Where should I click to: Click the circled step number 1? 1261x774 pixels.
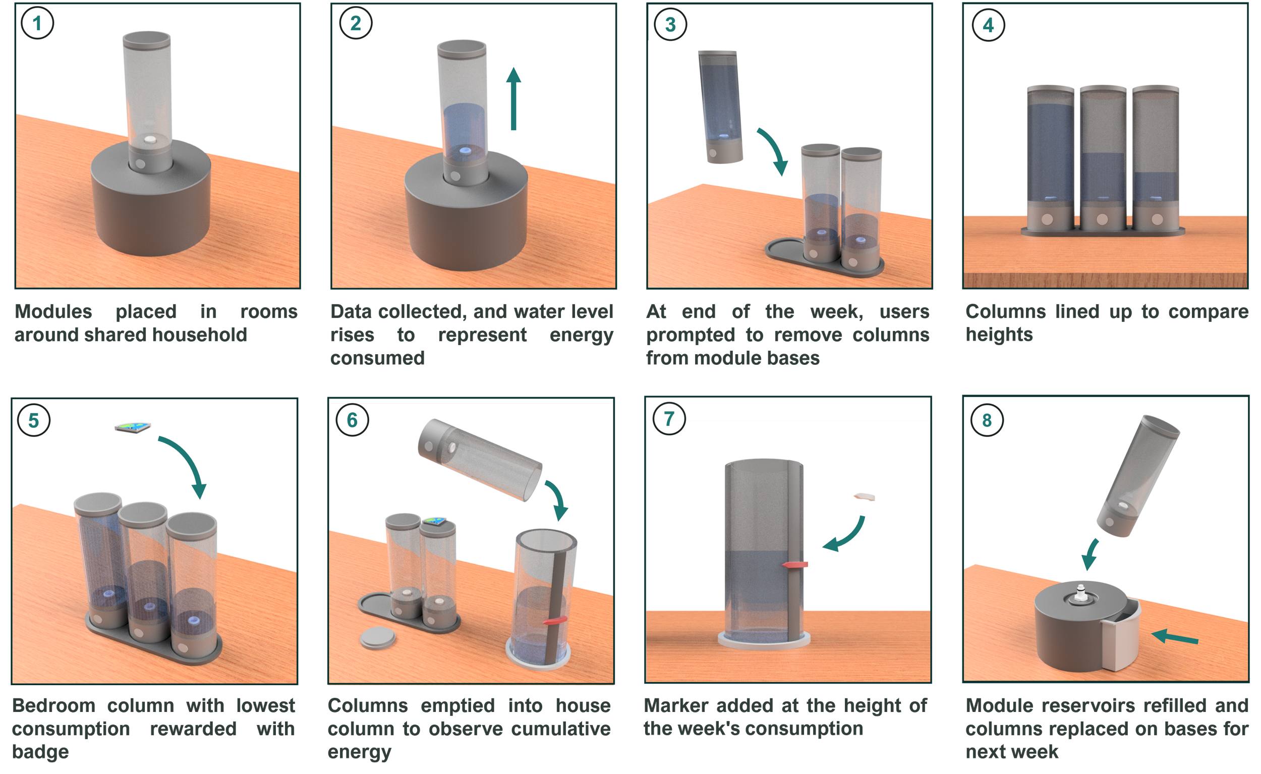(37, 23)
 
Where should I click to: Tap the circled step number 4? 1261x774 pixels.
(988, 25)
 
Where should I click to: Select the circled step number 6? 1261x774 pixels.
(352, 420)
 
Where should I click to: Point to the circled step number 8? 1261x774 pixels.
(987, 420)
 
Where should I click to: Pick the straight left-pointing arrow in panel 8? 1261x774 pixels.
(1175, 637)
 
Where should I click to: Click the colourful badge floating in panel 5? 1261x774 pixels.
(133, 427)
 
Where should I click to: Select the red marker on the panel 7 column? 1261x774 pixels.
(795, 565)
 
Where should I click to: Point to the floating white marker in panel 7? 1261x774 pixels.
(865, 496)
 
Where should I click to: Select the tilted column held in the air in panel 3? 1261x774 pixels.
(720, 106)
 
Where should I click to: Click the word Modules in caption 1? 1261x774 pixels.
(54, 311)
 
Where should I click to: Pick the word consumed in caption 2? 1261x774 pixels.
(377, 358)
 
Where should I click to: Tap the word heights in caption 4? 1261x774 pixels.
(999, 335)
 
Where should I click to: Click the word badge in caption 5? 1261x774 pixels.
(40, 752)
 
